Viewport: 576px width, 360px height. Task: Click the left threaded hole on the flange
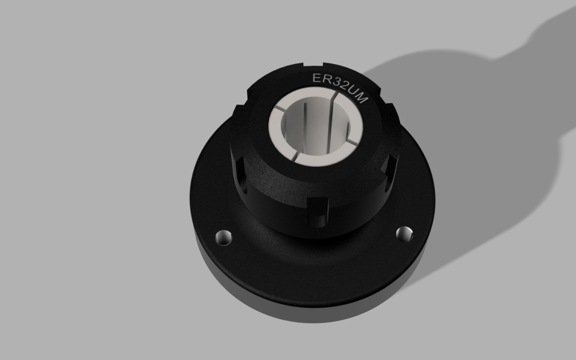coord(223,237)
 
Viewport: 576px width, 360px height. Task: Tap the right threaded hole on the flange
coord(406,233)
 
